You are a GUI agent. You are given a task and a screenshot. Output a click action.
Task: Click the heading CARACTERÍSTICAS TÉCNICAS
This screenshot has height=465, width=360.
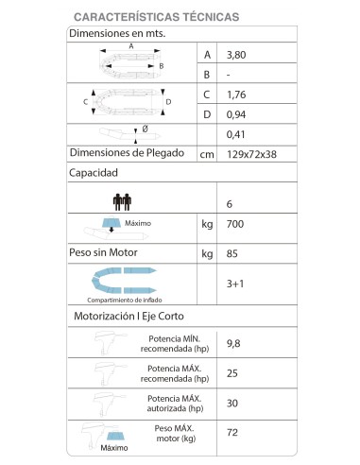pos(155,17)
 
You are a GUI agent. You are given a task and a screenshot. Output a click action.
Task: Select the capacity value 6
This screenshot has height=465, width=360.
pos(231,203)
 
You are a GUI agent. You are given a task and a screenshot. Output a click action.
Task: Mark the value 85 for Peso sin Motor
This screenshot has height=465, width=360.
pos(235,253)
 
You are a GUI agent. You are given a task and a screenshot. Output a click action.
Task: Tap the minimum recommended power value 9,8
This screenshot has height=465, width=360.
pos(237,342)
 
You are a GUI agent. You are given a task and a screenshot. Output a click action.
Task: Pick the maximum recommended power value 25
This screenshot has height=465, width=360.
pos(235,372)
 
